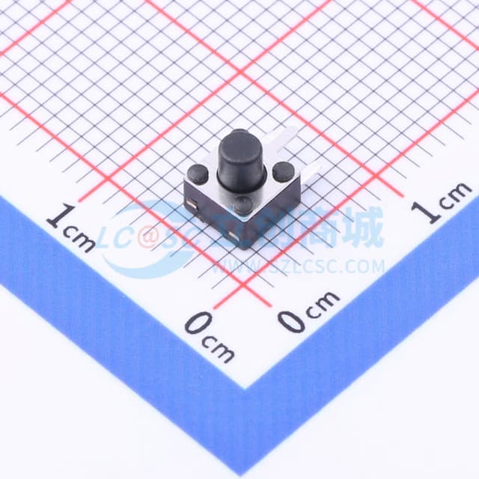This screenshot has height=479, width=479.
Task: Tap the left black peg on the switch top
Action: [x=198, y=174]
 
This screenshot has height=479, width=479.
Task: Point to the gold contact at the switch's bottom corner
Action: [x=241, y=239]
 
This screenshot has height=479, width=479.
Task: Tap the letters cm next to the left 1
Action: [x=83, y=238]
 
